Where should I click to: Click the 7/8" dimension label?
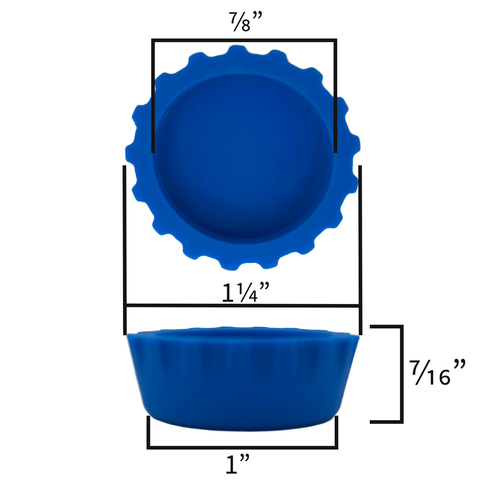(244, 22)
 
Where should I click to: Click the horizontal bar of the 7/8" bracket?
(244, 40)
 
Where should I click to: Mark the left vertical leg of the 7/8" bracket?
(153, 97)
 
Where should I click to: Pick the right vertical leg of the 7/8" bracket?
(335, 97)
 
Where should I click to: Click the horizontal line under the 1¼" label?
(242, 306)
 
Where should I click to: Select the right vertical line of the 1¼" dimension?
(360, 242)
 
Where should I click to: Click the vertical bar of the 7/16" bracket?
(401, 374)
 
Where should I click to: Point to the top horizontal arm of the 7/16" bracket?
(386, 326)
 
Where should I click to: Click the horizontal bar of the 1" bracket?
(242, 447)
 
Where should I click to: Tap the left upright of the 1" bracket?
(149, 432)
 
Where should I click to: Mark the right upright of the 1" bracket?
(336, 432)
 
